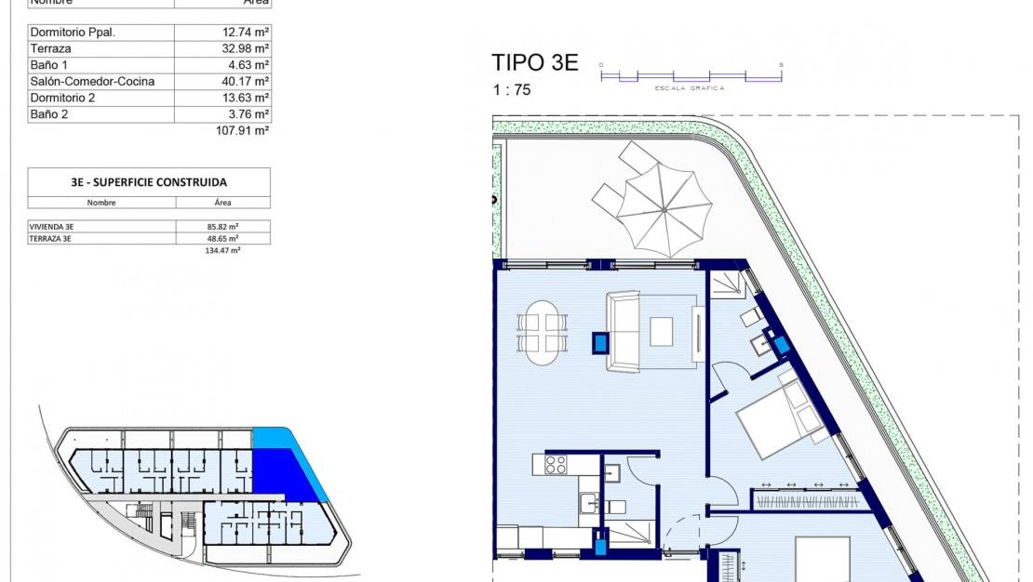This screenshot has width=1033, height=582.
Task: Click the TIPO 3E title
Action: (x=534, y=63)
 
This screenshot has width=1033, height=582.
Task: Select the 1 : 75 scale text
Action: (x=513, y=90)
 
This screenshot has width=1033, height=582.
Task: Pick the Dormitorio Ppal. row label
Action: (x=73, y=32)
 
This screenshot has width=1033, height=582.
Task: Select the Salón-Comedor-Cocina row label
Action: (x=92, y=82)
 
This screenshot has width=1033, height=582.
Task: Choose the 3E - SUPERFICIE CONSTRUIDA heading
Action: (x=149, y=182)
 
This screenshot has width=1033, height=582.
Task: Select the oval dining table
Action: (x=543, y=331)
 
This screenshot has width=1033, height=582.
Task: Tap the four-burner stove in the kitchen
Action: (x=556, y=464)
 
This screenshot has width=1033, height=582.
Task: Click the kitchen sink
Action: (x=589, y=503)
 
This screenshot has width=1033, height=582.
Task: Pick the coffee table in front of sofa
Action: (x=661, y=331)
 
